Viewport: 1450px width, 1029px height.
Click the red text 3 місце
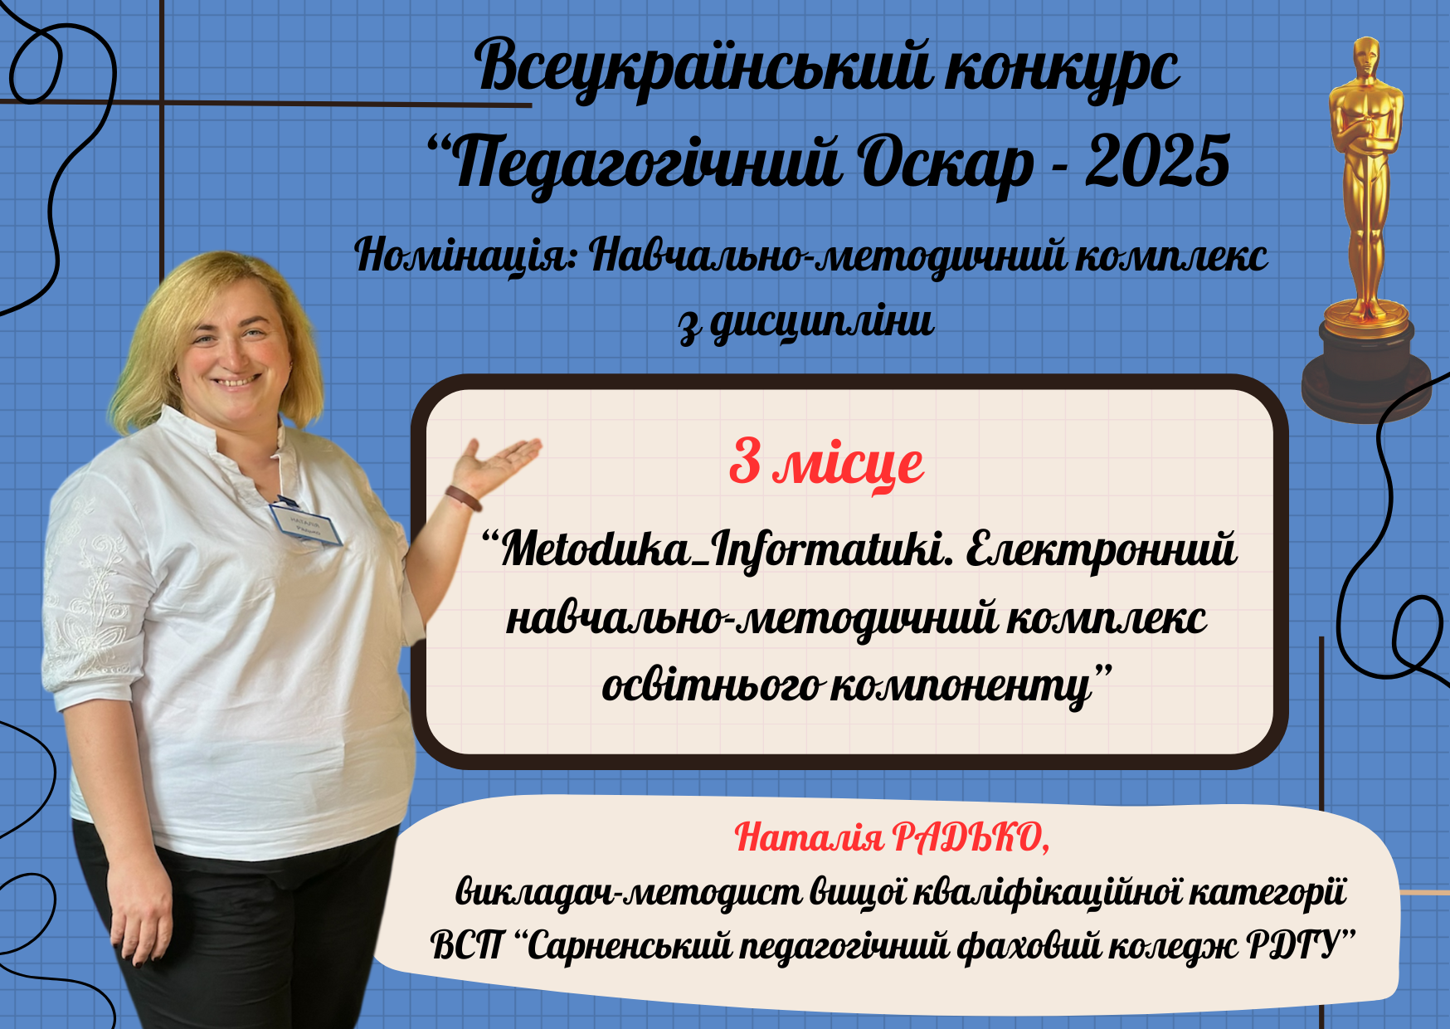point(826,463)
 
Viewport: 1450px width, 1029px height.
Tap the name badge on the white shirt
point(305,523)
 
